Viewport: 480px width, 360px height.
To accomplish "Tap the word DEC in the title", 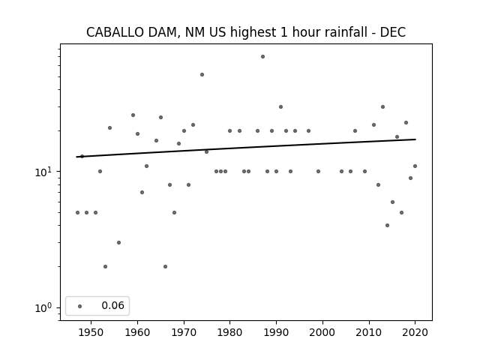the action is tap(393, 32).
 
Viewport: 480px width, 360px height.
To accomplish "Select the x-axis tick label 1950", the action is tap(91, 332).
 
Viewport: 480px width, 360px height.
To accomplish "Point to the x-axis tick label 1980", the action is tap(230, 332).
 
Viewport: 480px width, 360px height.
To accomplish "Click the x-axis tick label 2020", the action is tap(415, 332).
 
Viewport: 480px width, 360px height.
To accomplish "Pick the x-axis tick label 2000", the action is tap(322, 332).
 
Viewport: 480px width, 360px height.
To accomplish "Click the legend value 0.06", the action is tap(113, 305).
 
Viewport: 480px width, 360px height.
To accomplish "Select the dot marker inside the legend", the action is tap(80, 306).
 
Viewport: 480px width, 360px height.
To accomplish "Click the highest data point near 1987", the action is tap(262, 57).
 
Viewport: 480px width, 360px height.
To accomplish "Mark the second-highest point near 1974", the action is tap(202, 75).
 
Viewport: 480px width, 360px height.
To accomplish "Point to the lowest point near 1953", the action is tap(105, 267).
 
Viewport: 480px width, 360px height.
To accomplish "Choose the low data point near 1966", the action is tap(165, 267).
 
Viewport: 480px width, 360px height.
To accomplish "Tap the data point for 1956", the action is tap(118, 242).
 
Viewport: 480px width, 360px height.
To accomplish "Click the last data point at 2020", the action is tap(415, 166).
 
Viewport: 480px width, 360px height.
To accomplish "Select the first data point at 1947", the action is tap(77, 212).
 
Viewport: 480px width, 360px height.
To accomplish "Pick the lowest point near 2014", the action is tap(387, 225).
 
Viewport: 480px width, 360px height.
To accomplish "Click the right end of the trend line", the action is tap(415, 139).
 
